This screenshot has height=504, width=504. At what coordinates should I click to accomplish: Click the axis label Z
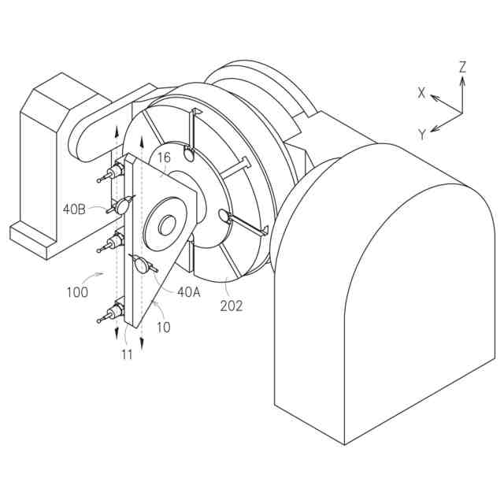[x=462, y=67]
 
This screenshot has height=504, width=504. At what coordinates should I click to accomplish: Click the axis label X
[x=421, y=93]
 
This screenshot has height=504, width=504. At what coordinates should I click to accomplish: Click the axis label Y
[x=422, y=135]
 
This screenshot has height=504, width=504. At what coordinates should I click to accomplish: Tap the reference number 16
[x=164, y=157]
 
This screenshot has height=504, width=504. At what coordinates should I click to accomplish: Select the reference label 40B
[x=74, y=209]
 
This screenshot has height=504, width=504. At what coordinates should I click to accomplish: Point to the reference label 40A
[x=189, y=292]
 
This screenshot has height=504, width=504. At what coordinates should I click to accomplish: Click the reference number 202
[x=231, y=306]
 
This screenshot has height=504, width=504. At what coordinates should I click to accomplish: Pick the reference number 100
[x=77, y=292]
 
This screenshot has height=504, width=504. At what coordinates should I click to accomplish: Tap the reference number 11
[x=128, y=354]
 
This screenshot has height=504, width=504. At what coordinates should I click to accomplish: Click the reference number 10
[x=164, y=328]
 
